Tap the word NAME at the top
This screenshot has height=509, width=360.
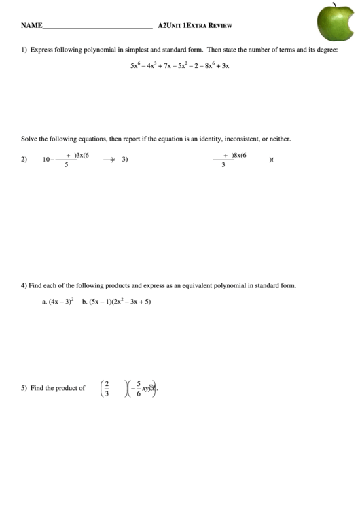coord(31,26)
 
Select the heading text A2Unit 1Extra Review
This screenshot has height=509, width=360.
coord(195,26)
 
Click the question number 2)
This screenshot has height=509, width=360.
coord(24,160)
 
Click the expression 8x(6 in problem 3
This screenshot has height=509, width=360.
coord(238,155)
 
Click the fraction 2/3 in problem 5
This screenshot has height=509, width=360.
coord(105,388)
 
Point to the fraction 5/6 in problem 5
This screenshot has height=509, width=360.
coord(139,388)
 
